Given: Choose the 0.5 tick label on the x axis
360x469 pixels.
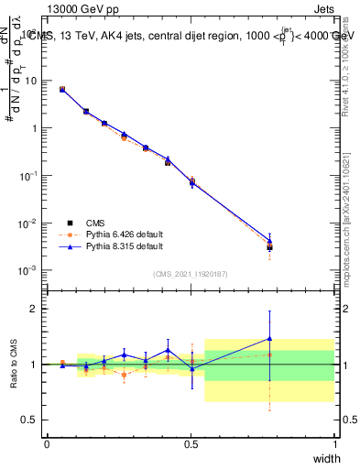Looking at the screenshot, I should (x=191, y=444).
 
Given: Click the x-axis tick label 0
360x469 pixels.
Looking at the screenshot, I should (x=47, y=444).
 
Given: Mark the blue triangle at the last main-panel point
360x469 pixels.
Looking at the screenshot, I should (x=269, y=241).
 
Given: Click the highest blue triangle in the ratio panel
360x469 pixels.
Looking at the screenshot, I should (x=269, y=338).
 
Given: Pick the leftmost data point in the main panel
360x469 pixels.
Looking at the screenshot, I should (x=61, y=89).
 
